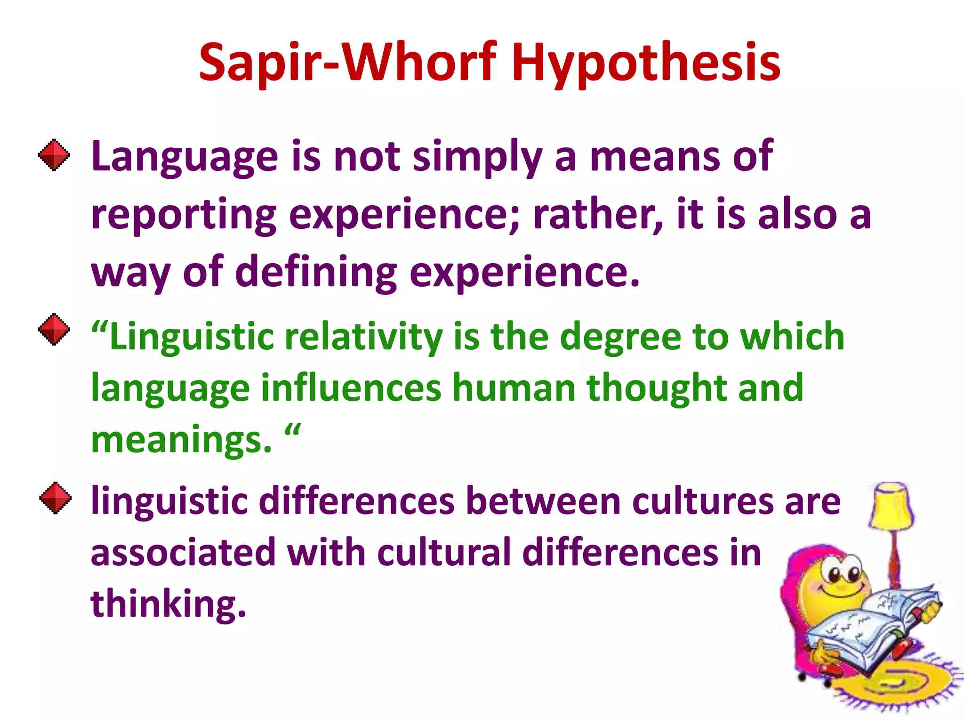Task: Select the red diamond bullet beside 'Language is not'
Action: pos(54,155)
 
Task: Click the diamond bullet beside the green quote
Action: pos(54,329)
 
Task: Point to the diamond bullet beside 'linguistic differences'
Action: pos(56,498)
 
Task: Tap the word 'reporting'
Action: pos(184,216)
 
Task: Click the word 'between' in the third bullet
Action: pos(543,501)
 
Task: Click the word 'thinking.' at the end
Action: pos(168,604)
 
